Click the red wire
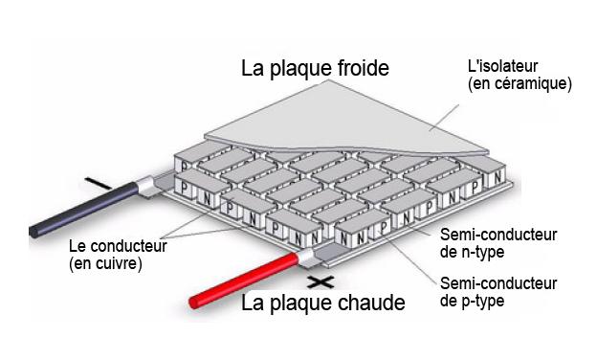pos(244,280)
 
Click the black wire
pos(84,210)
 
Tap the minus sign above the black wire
pos(98,183)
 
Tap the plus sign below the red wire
pos(321,282)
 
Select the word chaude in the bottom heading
pos(371,303)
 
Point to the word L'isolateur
pos(502,66)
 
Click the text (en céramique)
pos(520,84)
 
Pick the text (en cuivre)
pos(105,263)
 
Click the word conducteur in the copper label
pos(129,246)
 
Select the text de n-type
pos(472,252)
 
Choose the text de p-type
pos(472,301)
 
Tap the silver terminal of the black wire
pos(145,187)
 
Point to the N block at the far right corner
pos(497,176)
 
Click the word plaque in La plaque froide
pos(297,69)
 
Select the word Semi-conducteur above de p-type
pos(498,283)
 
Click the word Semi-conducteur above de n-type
pos(498,235)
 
